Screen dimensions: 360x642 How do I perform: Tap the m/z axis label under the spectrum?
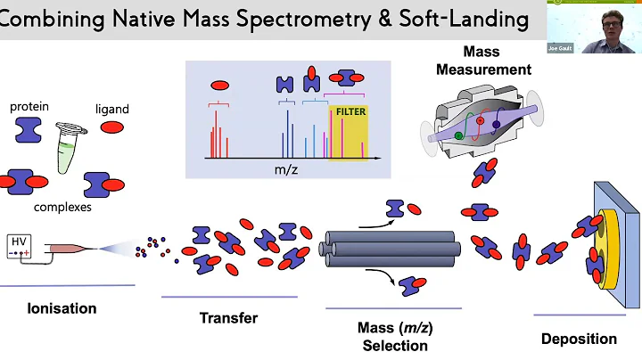(286, 168)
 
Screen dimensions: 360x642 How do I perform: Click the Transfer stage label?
(228, 318)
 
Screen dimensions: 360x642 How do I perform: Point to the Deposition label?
(579, 339)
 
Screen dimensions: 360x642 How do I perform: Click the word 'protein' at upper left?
(29, 107)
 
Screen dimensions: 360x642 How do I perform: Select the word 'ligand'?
(112, 109)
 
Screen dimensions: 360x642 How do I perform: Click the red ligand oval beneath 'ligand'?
(112, 127)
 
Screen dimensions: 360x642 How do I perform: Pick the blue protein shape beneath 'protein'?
(29, 130)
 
